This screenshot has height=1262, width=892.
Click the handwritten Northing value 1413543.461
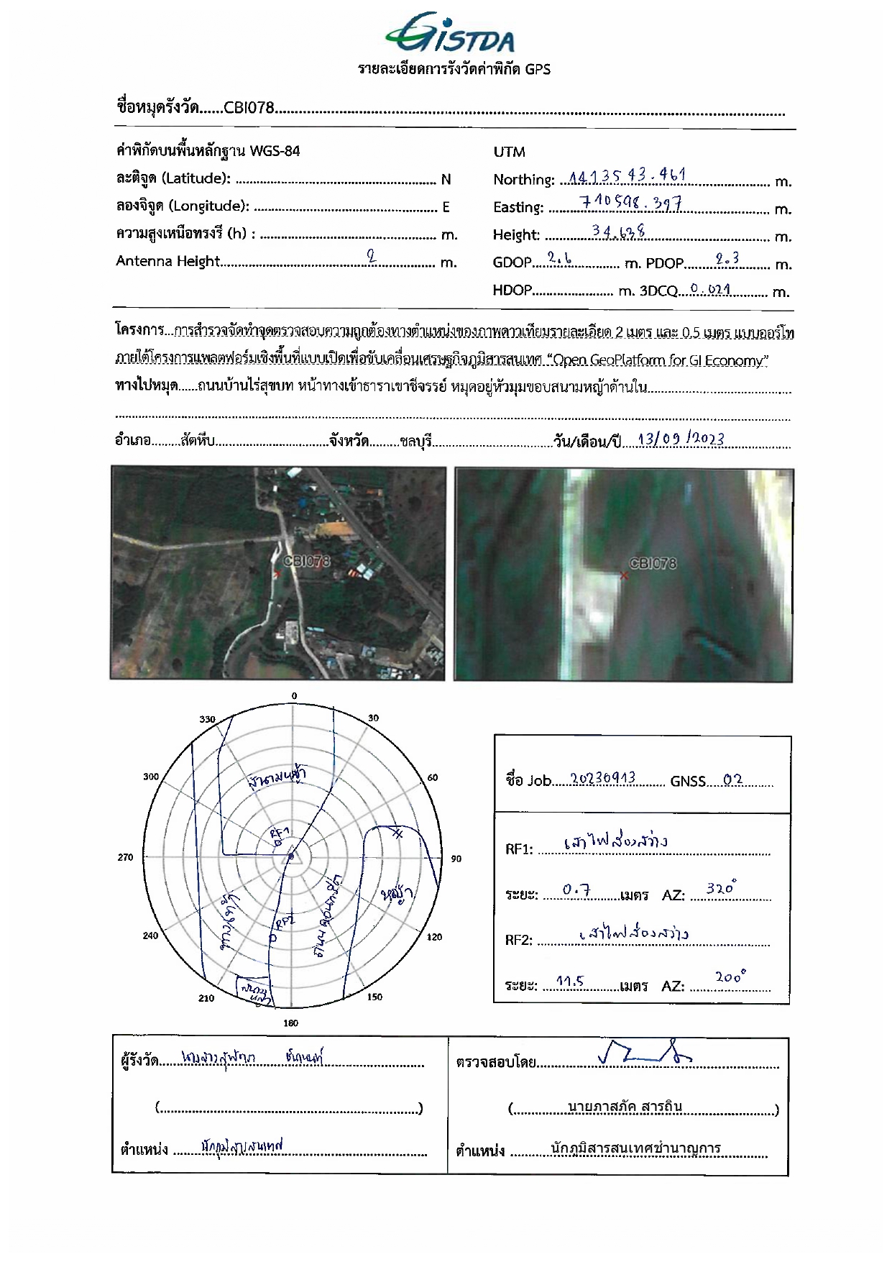(627, 175)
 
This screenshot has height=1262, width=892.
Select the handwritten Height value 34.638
(618, 231)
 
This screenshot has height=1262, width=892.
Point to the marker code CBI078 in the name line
(249, 108)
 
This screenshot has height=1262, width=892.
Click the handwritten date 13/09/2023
(681, 439)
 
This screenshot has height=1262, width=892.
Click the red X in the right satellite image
(624, 575)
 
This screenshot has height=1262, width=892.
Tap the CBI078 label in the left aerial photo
(307, 561)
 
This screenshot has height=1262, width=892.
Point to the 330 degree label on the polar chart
(207, 719)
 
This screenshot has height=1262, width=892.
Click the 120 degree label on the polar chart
(435, 937)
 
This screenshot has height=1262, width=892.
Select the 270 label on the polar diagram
(125, 857)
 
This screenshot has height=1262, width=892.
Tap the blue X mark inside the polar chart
(397, 833)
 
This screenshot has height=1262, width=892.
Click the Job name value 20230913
(602, 779)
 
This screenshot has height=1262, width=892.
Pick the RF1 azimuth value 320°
(720, 889)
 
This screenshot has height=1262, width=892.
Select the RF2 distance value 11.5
(570, 981)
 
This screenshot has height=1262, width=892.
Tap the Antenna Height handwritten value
(371, 255)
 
